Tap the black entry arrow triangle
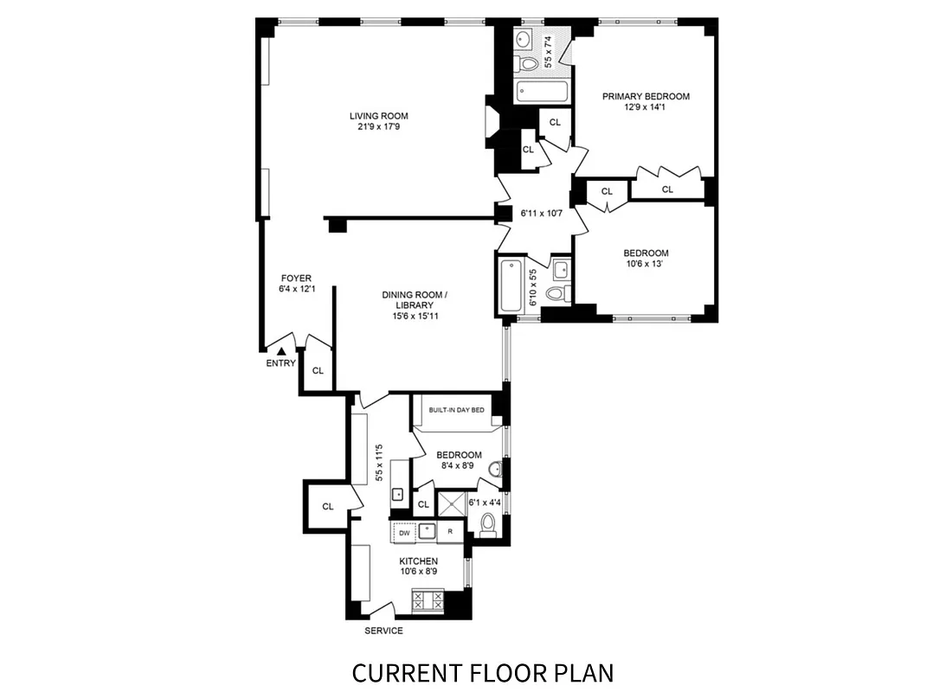pos(281,350)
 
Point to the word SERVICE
pos(383,631)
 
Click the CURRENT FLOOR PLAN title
pos(483,672)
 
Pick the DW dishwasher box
pos(403,533)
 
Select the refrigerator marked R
pos(450,533)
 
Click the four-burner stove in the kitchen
pos(427,600)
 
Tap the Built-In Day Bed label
pos(456,409)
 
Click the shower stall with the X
pos(451,504)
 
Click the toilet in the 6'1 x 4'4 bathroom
pos(487,523)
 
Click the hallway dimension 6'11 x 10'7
pos(541,212)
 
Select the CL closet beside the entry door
pos(318,370)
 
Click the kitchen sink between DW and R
pos(426,532)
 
